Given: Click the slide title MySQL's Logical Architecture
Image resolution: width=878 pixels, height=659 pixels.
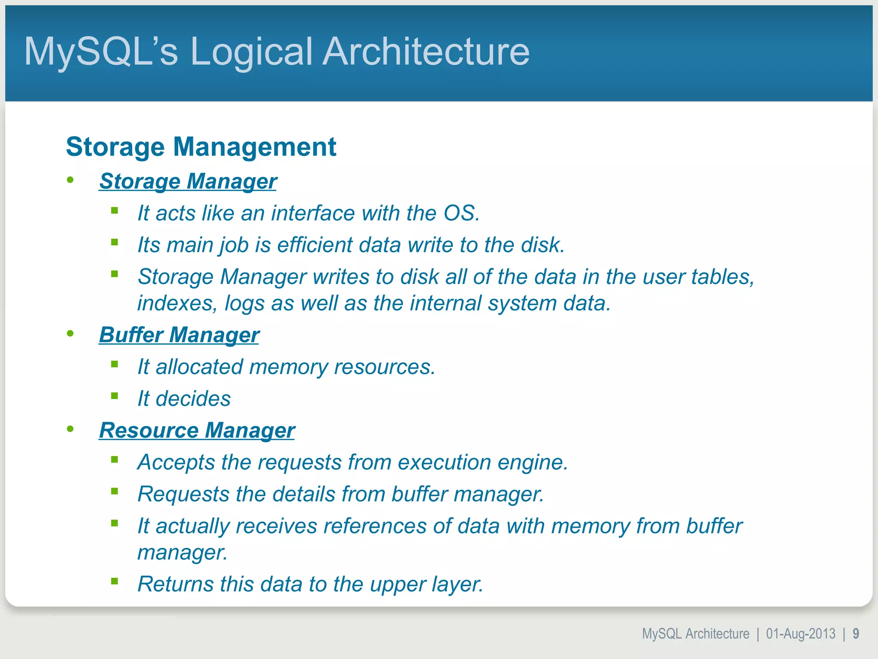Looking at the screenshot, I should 277,51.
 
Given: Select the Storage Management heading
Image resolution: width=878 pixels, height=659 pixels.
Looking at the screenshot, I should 201,147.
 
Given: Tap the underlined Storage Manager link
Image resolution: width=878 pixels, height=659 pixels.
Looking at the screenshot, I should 188,181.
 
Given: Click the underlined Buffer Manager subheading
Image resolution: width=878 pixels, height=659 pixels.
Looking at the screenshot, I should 179,335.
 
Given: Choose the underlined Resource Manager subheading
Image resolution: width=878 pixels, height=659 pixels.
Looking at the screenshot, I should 197,430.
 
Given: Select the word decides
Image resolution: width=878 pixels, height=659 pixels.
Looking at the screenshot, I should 193,399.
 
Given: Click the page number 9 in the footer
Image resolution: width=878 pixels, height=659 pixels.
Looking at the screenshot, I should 856,634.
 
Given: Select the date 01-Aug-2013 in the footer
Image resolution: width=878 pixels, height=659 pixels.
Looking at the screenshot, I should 800,634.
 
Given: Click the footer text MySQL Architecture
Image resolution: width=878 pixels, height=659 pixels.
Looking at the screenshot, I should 695,634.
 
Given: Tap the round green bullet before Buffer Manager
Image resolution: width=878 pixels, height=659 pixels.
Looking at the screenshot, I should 70,334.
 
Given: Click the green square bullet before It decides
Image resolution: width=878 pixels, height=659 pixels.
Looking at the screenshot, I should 114,396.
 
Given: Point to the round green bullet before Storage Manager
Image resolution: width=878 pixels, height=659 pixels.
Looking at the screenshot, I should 70,180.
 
